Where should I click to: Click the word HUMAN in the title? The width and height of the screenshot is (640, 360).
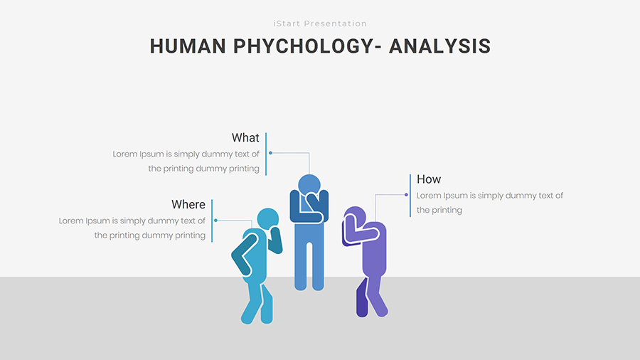tap(188, 46)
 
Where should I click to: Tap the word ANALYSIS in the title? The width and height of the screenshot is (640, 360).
tap(439, 46)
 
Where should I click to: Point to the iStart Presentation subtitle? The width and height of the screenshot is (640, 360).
tap(320, 23)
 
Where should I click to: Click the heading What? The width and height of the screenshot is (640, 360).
tap(245, 137)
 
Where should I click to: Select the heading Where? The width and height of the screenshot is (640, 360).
tap(188, 204)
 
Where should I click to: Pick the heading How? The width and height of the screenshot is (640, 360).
tap(429, 179)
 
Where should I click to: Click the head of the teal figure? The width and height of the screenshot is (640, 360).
tap(268, 218)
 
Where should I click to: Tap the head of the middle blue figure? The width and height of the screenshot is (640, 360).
tap(309, 185)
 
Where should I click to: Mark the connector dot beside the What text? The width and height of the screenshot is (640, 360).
tap(270, 153)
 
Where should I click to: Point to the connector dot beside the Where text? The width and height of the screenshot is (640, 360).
tap(215, 221)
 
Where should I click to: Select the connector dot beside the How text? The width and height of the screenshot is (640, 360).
tap(406, 195)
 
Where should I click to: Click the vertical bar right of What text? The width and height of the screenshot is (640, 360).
tap(266, 154)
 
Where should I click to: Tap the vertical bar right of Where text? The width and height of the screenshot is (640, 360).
tap(212, 221)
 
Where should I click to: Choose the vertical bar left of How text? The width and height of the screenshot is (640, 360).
tap(410, 196)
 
